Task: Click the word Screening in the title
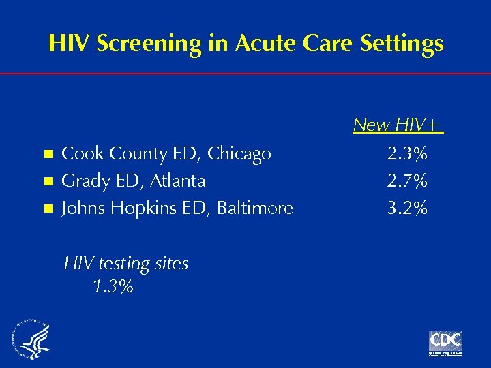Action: coord(149,44)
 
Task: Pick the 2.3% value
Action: coord(407,154)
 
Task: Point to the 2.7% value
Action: coord(407,181)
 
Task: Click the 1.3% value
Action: coord(113,287)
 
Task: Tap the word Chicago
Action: coord(239,154)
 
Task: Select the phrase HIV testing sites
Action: coord(126,263)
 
